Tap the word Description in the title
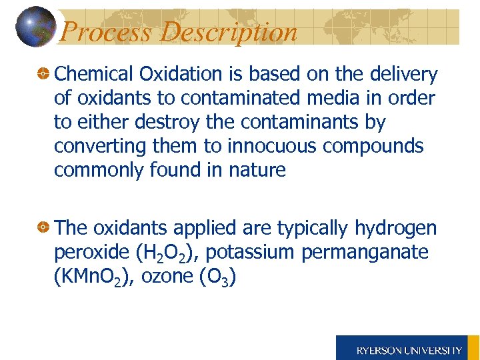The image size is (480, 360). pos(229,31)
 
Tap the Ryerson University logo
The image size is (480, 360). pos(408,349)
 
